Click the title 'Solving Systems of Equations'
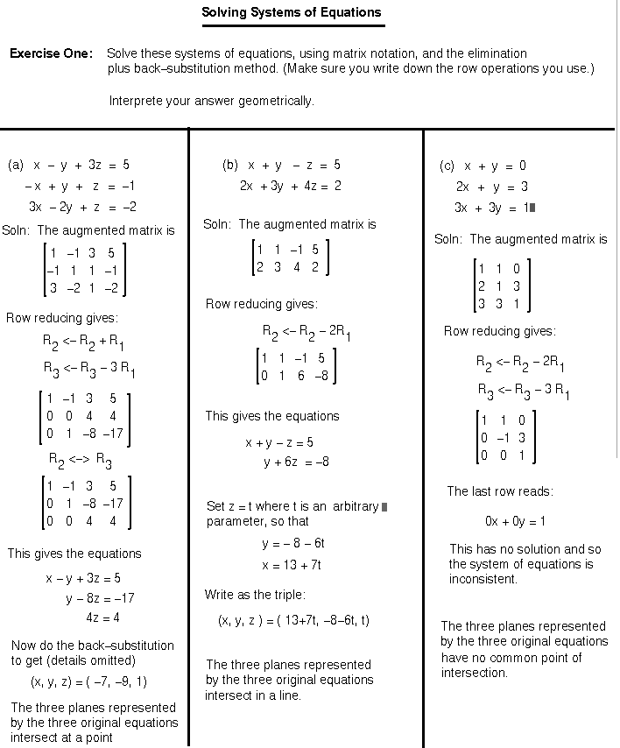(x=292, y=12)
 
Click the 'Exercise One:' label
(x=51, y=53)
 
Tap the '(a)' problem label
(x=16, y=165)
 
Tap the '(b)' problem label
(x=230, y=165)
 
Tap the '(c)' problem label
(x=447, y=166)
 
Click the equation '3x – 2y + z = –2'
(x=82, y=207)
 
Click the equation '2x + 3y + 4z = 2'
(x=290, y=186)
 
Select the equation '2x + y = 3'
(x=491, y=187)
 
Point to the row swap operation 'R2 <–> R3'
(x=79, y=458)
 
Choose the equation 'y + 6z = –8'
(x=296, y=462)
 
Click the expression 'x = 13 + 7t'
(x=292, y=565)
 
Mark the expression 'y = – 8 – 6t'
(x=293, y=543)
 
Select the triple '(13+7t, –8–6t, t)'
(x=323, y=620)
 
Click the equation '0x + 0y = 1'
(x=515, y=521)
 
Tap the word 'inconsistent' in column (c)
(x=483, y=579)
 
